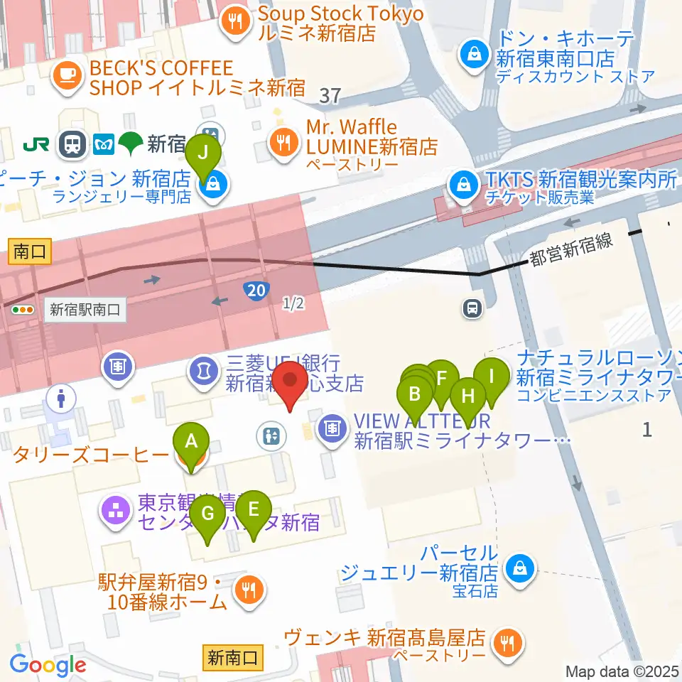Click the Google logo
coord(48,666)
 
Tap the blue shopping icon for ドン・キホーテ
coord(472,51)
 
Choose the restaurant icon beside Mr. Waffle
coord(283,141)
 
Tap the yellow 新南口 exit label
coord(225,657)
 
